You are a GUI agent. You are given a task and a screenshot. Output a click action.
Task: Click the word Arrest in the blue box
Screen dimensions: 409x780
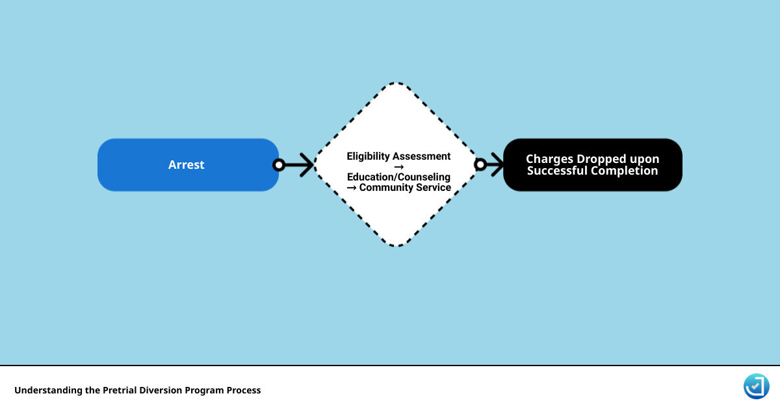pyautogui.click(x=186, y=165)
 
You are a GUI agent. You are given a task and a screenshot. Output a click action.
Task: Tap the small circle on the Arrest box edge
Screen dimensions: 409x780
pyautogui.click(x=279, y=165)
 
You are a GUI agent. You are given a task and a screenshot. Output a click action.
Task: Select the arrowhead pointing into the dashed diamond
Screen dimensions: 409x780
pyautogui.click(x=306, y=165)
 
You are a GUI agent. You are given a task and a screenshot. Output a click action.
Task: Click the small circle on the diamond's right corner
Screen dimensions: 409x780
pyautogui.click(x=480, y=165)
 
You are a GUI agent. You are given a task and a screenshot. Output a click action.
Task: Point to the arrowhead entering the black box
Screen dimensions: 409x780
pyautogui.click(x=497, y=165)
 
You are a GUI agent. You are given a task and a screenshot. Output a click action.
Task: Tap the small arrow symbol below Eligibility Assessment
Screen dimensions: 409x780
pyautogui.click(x=398, y=167)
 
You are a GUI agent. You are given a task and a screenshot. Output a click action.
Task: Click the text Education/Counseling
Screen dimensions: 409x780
pyautogui.click(x=398, y=177)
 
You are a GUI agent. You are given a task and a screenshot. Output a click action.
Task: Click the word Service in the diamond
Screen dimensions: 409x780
pyautogui.click(x=434, y=188)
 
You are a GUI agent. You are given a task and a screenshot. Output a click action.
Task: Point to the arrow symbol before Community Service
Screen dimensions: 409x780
pyautogui.click(x=351, y=188)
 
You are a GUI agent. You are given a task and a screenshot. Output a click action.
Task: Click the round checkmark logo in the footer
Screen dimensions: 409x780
pyautogui.click(x=756, y=386)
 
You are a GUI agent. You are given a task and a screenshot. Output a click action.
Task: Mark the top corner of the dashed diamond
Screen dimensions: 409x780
pyautogui.click(x=397, y=83)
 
